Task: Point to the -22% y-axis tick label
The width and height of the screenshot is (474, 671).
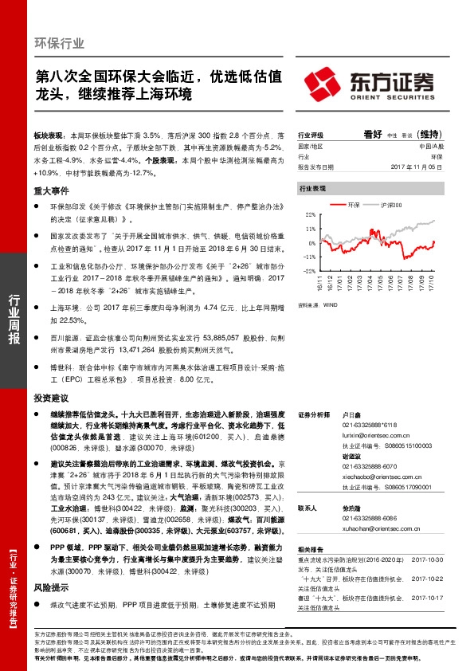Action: [309, 271]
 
